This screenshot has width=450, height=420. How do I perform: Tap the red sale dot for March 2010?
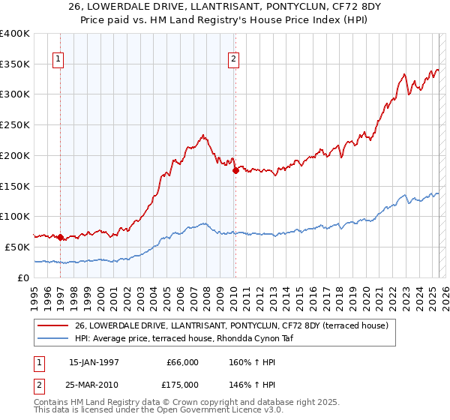235,170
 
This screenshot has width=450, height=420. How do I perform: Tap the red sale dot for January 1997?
60,237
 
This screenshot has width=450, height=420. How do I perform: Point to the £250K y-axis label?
15,124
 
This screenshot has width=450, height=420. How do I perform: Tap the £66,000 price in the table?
182,361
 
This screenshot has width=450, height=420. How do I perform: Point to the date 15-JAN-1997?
94,361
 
